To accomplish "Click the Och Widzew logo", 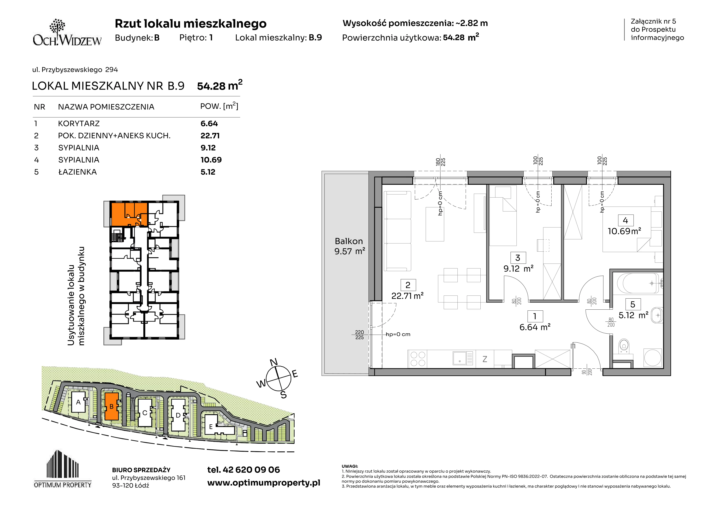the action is point(67,33).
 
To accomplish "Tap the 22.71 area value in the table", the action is point(210,135).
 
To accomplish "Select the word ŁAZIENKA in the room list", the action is point(78,172).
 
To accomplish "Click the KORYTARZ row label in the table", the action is point(79,124).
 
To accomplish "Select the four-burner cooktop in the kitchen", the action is point(418,359).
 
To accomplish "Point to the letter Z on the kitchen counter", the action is point(485,359).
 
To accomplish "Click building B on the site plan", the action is point(111,406).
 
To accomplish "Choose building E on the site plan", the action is point(211,426).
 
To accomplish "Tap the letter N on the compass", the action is point(274,362).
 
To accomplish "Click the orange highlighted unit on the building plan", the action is point(129,214).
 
